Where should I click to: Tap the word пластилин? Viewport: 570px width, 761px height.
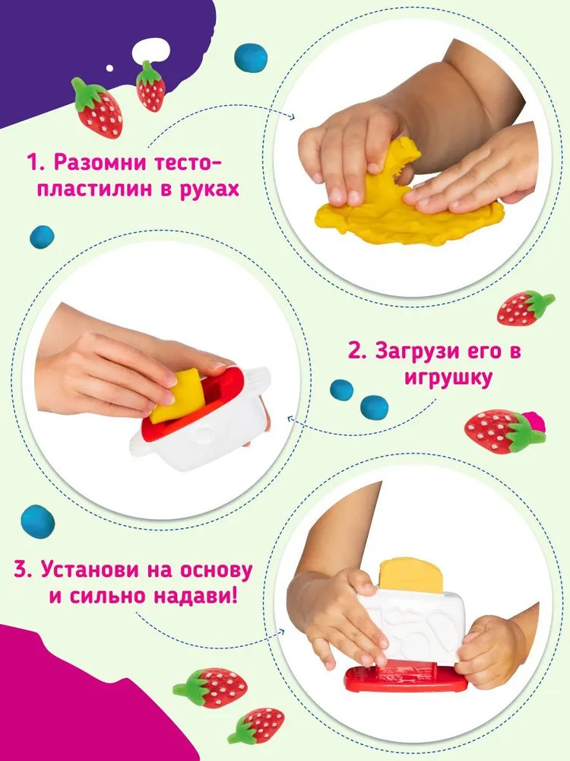point(96,188)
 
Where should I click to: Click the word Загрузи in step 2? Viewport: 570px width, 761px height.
point(425,351)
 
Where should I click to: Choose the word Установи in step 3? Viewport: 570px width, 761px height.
point(89,570)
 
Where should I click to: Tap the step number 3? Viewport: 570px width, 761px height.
point(21,570)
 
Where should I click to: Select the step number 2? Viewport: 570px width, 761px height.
point(356,351)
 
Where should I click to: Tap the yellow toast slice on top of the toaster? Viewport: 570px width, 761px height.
point(412,575)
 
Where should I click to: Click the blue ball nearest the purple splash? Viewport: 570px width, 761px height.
point(251,58)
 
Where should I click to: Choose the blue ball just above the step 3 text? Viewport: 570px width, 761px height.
point(38,521)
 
